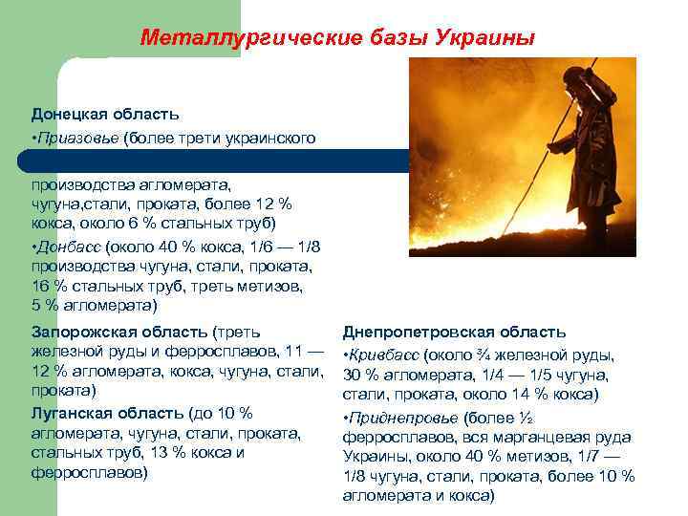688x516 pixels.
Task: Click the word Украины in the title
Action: pos(484,38)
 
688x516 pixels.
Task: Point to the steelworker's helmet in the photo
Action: pos(574,76)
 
